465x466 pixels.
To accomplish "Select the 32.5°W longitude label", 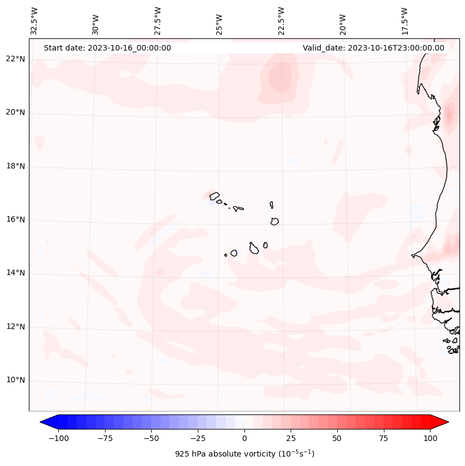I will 34,20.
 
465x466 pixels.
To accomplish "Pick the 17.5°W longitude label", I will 404,20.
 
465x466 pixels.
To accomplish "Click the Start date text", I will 107,48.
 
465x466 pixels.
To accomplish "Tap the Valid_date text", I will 373,48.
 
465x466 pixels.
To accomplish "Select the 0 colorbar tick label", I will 244,438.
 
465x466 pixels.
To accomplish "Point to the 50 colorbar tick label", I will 337,438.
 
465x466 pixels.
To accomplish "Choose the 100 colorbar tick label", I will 430,438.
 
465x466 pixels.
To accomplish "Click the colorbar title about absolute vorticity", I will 244,454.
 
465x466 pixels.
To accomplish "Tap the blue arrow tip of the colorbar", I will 42,422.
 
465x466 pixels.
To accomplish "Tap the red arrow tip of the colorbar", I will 447,422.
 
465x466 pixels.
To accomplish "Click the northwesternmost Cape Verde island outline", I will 214,196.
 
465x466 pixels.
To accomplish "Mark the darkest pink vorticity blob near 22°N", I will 281,77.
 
